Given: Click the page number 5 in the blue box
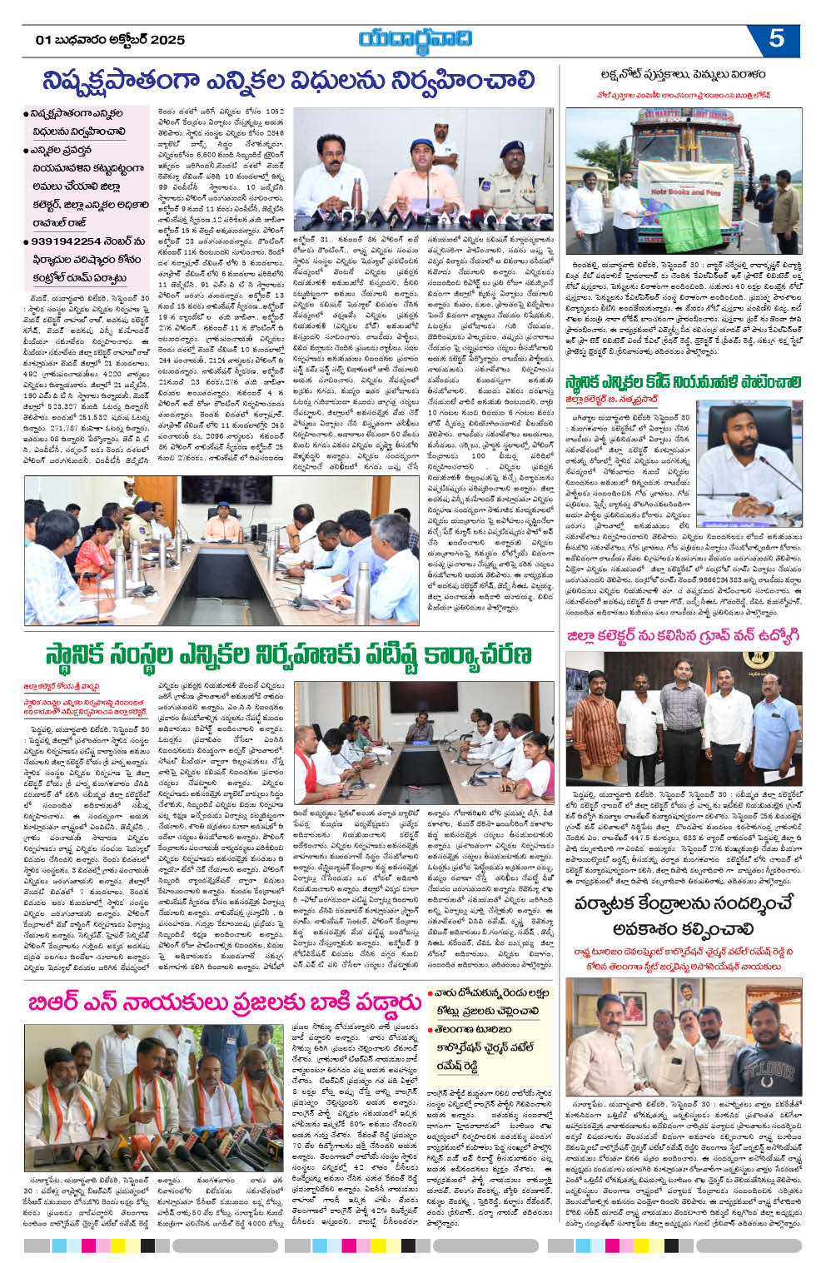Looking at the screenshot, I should [775, 39].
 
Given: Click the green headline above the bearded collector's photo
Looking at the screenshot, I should [682, 382].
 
